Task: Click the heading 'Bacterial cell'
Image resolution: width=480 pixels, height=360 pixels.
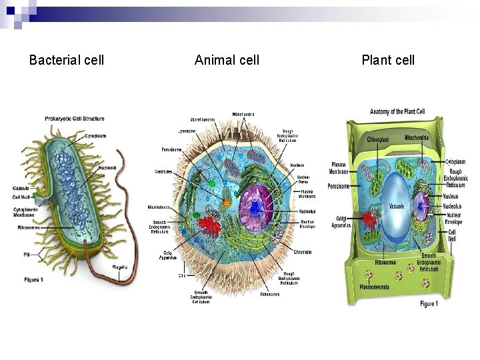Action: point(67,61)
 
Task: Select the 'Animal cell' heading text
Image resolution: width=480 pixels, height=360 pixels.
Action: point(227,61)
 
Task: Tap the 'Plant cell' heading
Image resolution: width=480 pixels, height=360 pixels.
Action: point(388,61)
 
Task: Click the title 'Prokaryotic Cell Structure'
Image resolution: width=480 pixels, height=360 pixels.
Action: point(75,119)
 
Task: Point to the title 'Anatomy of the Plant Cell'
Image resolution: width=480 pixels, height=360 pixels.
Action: point(397,111)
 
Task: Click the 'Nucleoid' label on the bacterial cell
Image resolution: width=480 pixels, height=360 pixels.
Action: point(107,168)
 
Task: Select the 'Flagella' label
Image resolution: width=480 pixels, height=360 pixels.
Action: point(120,267)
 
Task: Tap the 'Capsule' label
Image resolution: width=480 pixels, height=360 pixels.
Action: point(21,188)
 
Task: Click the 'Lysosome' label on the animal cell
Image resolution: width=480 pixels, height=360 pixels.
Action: point(187,131)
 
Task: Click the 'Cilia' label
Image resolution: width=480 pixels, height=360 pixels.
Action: point(181,275)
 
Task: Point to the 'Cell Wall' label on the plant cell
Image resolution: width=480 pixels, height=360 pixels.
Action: point(453,235)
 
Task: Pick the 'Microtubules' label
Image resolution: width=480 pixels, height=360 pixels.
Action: point(159,207)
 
